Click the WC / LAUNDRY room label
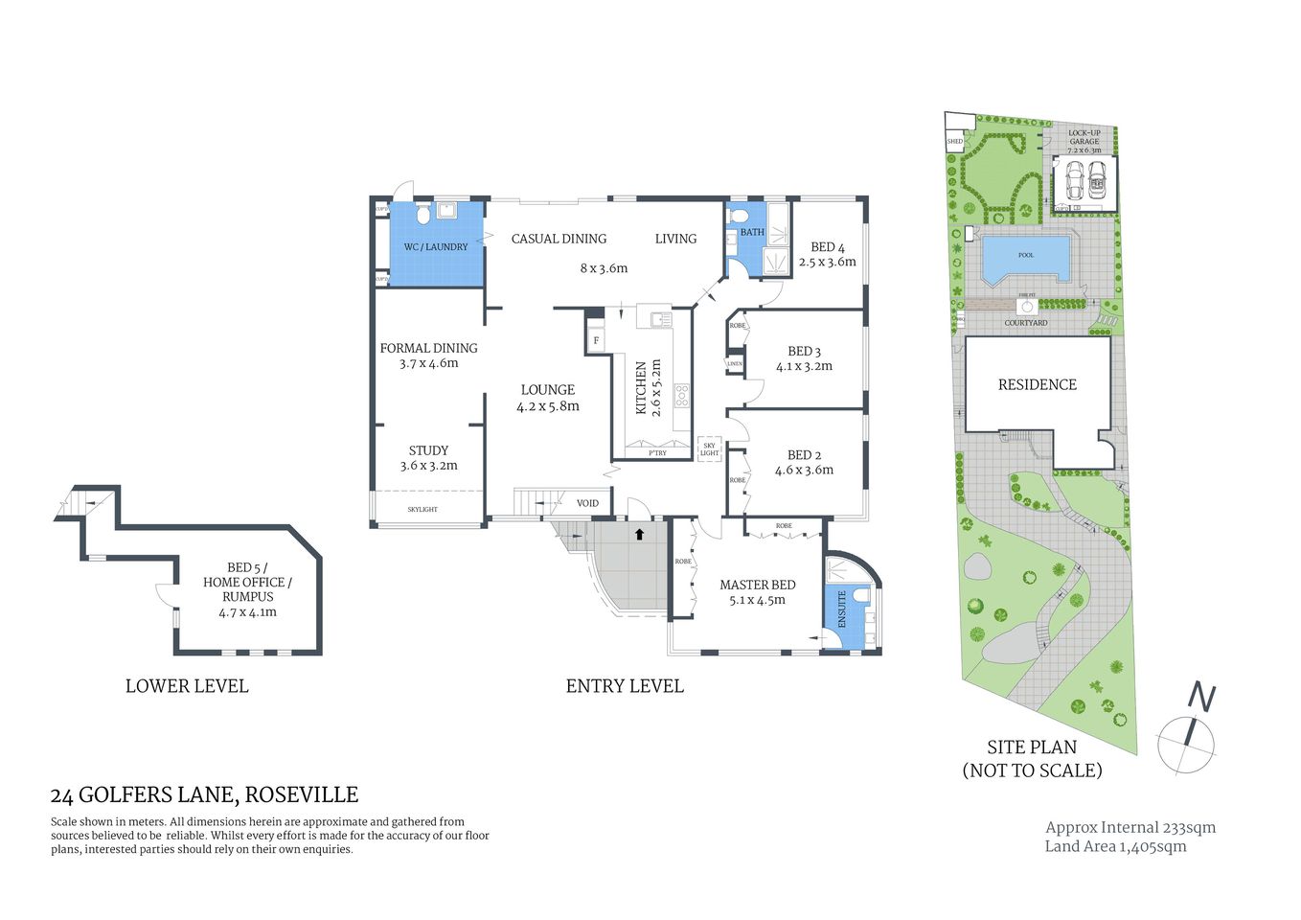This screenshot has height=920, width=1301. click(x=436, y=247)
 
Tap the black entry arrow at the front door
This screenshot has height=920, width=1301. click(x=639, y=534)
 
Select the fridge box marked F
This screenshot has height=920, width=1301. click(x=596, y=340)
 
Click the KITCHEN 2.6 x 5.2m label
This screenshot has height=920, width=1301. click(x=649, y=387)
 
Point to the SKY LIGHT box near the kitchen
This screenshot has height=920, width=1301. click(x=709, y=449)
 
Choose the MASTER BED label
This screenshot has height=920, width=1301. click(x=757, y=585)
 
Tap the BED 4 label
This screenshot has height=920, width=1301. click(x=827, y=247)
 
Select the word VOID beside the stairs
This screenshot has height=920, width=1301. click(x=587, y=503)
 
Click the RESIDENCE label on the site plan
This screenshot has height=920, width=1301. click(x=1037, y=384)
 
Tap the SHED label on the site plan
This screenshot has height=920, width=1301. click(x=954, y=142)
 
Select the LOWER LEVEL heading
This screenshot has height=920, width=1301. click(x=187, y=686)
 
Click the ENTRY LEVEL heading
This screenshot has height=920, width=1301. click(x=625, y=686)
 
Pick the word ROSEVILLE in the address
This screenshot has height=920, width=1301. click(x=302, y=794)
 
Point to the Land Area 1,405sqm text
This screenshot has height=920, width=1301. click(x=1115, y=846)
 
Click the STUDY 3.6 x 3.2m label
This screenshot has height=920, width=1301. click(x=428, y=458)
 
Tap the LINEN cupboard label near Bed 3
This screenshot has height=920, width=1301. click(x=735, y=364)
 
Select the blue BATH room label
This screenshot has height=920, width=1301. click(x=752, y=232)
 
